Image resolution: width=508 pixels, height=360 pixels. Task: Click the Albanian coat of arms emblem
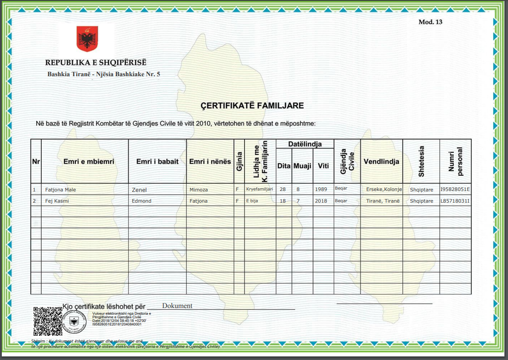87,38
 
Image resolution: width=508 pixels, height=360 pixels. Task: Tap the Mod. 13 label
430,22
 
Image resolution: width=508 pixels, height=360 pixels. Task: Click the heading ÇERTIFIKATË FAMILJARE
252,106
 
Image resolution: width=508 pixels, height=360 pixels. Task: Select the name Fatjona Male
60,190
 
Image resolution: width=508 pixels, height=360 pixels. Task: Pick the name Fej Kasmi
57,201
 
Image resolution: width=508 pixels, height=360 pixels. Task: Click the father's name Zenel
139,190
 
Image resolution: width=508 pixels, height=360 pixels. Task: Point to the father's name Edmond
142,201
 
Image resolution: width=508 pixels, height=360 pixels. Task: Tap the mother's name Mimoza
198,190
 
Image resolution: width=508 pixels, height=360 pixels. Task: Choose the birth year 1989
321,189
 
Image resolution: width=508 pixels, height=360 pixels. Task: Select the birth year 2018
321,201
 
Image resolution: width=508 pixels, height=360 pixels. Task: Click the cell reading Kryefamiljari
259,189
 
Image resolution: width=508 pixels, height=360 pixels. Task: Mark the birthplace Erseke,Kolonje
384,189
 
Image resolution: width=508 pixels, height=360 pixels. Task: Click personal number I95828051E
455,189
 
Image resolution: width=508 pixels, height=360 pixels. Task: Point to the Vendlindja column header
381,162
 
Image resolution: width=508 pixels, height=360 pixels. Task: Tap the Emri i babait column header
157,162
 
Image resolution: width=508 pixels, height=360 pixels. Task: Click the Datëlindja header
305,144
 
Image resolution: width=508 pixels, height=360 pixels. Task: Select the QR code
48,321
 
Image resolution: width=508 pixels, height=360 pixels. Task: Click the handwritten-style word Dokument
177,306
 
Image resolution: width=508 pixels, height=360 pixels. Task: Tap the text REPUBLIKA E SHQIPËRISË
95,63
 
